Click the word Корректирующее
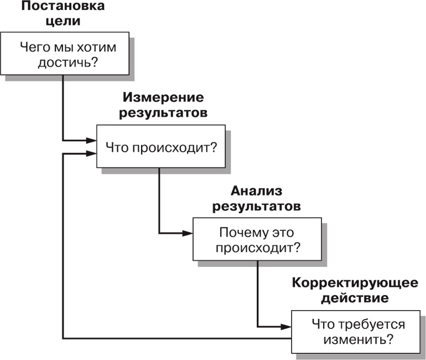pyautogui.click(x=355, y=284)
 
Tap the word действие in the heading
pyautogui.click(x=355, y=299)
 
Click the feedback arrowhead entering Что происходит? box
pyautogui.click(x=92, y=154)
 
